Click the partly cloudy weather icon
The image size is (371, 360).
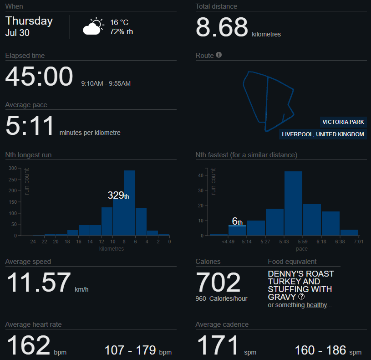[93, 26]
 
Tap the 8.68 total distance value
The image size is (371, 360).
[222, 27]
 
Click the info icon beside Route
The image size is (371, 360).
[219, 55]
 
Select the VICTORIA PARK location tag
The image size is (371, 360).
[343, 122]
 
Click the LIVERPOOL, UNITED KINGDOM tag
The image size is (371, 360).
[323, 134]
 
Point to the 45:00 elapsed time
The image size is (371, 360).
[39, 76]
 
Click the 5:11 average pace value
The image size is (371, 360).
[30, 125]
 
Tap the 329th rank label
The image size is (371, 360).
[118, 195]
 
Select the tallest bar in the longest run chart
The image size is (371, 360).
[130, 203]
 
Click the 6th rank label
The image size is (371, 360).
[237, 221]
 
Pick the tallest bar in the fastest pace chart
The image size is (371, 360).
[293, 203]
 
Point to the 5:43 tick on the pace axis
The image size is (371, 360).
[284, 242]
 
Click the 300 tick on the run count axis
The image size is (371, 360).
[13, 169]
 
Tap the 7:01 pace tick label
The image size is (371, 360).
[359, 242]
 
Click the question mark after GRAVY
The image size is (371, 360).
[301, 297]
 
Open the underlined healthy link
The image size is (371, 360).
[316, 305]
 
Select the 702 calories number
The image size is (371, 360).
[218, 283]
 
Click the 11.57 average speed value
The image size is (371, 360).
[39, 283]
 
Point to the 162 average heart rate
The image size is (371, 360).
[28, 345]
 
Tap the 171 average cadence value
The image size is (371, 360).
[218, 345]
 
